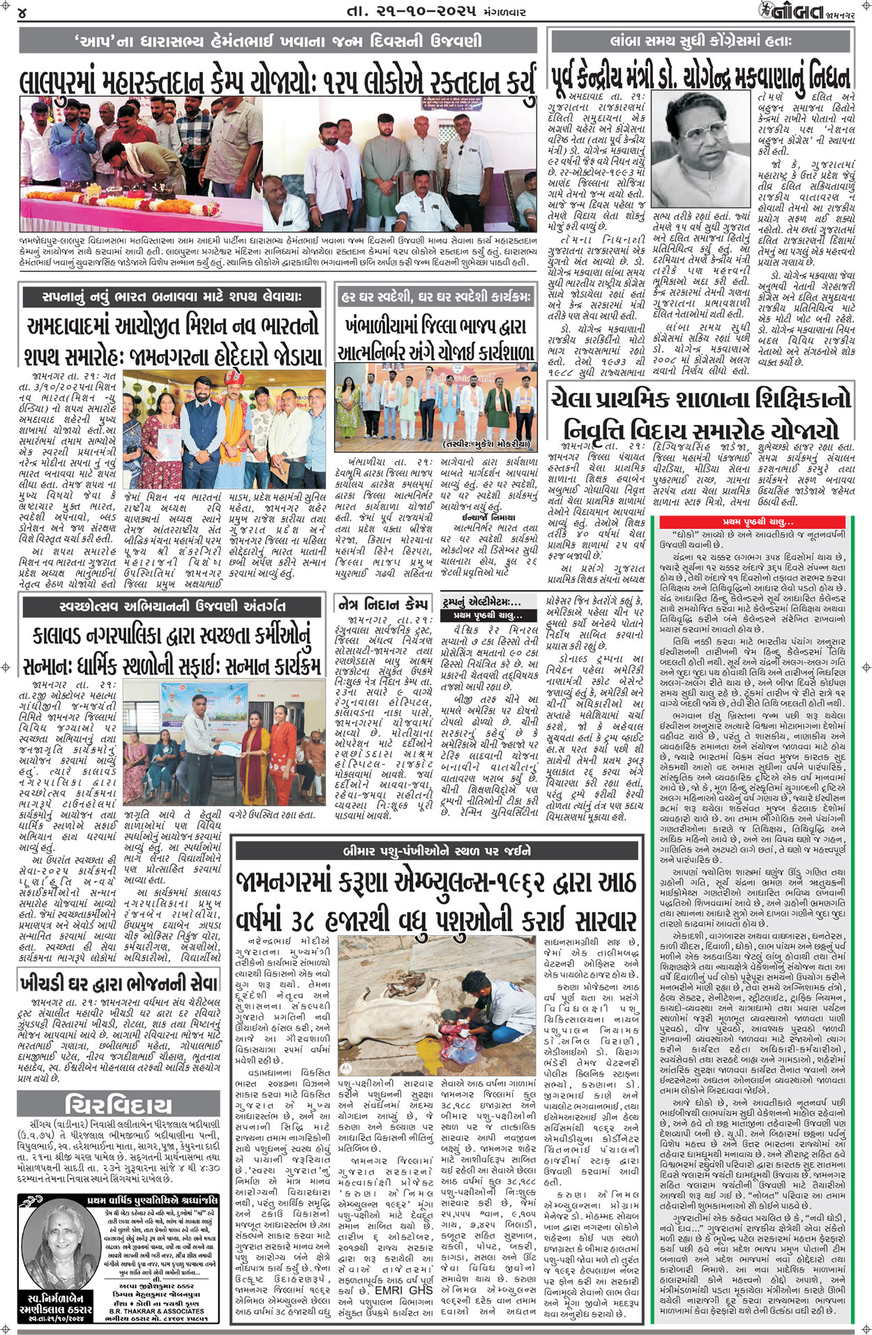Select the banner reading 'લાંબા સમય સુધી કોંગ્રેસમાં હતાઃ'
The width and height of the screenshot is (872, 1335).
701,42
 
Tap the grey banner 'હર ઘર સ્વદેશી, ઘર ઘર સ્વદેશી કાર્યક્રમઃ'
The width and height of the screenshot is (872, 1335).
436,296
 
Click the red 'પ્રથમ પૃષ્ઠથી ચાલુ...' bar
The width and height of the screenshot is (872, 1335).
757,521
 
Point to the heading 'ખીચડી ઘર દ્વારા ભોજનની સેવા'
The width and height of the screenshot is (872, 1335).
120,983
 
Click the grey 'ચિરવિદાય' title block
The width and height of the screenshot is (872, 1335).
119,1104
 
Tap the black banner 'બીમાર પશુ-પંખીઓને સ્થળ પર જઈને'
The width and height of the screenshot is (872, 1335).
436,850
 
